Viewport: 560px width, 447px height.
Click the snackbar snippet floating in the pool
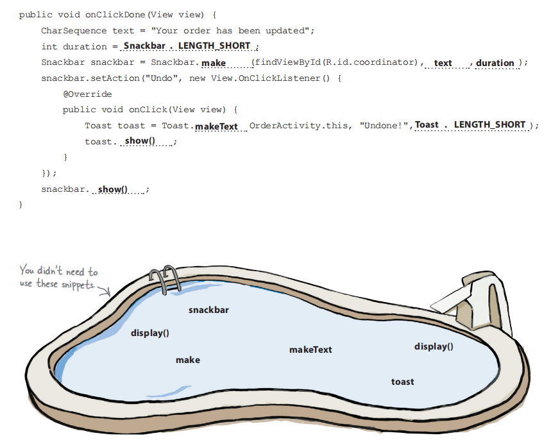click(x=208, y=310)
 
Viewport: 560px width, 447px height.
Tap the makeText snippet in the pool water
click(x=310, y=350)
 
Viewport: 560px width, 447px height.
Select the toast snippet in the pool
click(x=402, y=382)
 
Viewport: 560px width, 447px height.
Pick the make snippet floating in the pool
click(x=188, y=360)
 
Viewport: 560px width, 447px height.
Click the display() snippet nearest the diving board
click(x=434, y=346)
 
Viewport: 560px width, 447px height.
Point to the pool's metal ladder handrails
click(x=165, y=278)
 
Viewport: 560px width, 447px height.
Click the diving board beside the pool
click(x=471, y=301)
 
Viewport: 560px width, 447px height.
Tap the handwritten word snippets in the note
click(x=78, y=285)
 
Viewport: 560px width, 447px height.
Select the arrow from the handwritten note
click(x=105, y=291)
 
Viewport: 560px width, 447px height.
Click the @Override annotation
click(x=87, y=94)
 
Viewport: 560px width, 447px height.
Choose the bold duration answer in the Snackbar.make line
click(x=495, y=63)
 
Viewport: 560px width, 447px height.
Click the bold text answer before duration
click(x=443, y=63)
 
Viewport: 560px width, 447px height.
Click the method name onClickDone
click(x=115, y=15)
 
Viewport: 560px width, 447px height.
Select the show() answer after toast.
click(x=140, y=141)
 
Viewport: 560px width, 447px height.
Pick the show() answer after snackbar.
click(x=112, y=189)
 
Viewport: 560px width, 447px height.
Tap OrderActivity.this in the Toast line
click(x=300, y=126)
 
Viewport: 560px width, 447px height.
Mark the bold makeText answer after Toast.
click(x=216, y=127)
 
